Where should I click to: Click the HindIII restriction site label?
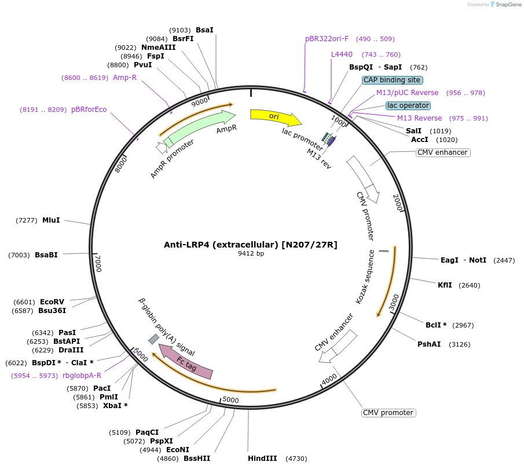coord(262,459)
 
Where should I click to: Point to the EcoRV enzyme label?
coord(52,302)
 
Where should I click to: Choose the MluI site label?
coord(51,220)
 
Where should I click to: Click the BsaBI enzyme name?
coord(46,255)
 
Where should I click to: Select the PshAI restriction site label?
coord(429,344)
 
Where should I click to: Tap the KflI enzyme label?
coord(445,285)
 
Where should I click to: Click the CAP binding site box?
coord(393,80)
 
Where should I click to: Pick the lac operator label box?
coord(408,106)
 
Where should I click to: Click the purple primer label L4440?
coord(342,54)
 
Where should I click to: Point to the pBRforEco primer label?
coord(89,110)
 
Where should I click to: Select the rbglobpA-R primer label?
coord(82,376)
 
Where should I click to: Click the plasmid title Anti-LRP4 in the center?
coord(250,245)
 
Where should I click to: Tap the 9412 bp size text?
coord(251,254)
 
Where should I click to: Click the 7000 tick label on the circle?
coord(98,264)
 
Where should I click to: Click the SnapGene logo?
coord(505,5)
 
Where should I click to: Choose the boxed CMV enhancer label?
coord(442,152)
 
